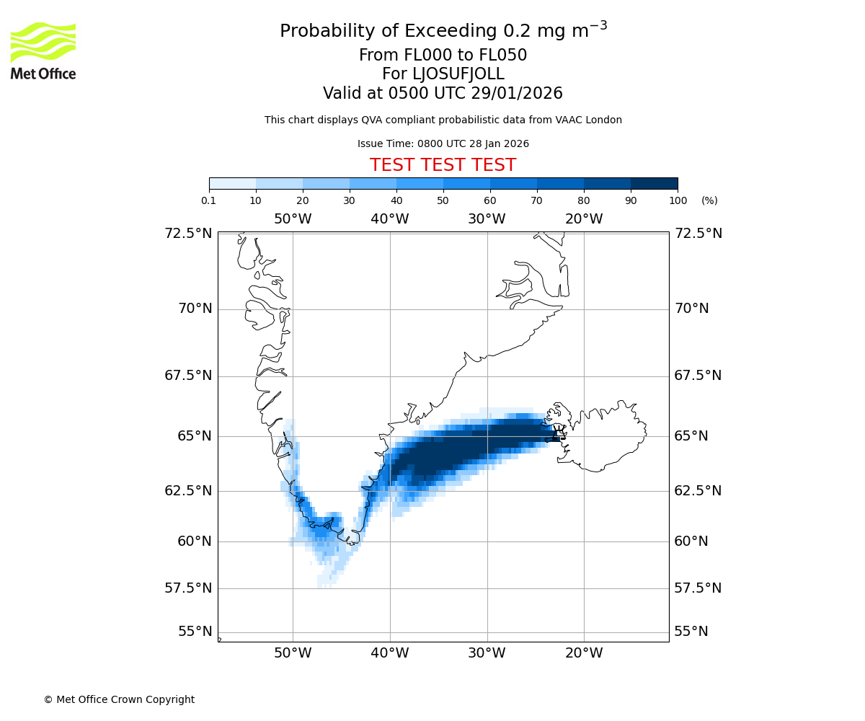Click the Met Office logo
coord(43,50)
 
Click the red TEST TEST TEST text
coord(443,165)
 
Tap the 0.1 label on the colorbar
coord(209,200)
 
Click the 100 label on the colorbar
coord(678,200)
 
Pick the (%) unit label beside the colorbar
coord(709,200)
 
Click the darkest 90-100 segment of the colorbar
coord(654,183)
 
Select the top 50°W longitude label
coord(293,219)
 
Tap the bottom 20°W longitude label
coord(584,654)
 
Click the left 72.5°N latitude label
coord(188,234)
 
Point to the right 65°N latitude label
coord(691,436)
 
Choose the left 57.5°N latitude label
coord(188,588)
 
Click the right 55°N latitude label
coord(691,632)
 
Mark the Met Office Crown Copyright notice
coord(119,699)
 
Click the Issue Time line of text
coord(443,143)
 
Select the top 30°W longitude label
coord(487,219)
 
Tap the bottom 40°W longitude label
coord(390,654)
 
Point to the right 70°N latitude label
coord(691,309)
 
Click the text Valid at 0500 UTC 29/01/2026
coord(443,94)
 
